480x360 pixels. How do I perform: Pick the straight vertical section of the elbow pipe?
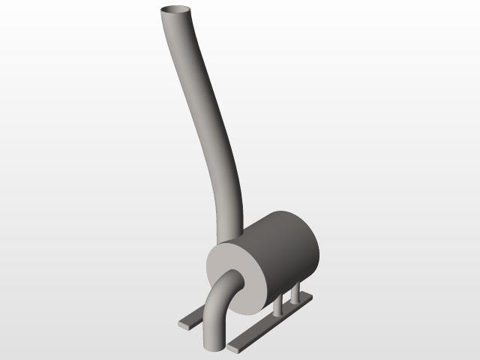[x=214, y=322]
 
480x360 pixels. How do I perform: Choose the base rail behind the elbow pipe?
[x=192, y=318]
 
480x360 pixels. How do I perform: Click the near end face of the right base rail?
[x=233, y=349]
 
